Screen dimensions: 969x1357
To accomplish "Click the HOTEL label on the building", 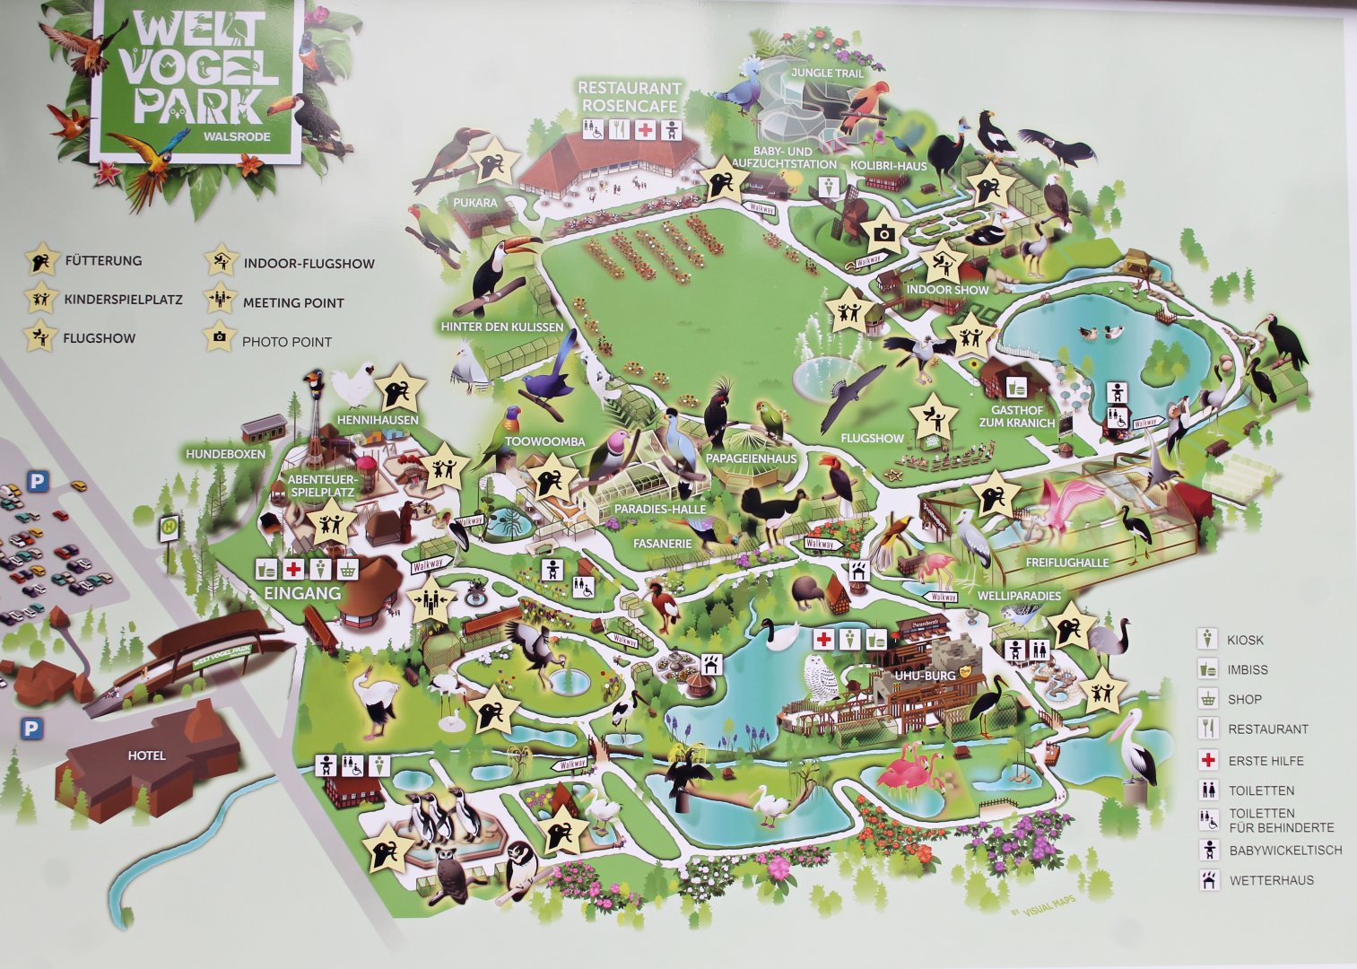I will tap(146, 755).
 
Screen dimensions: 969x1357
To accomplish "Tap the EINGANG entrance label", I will tap(302, 593).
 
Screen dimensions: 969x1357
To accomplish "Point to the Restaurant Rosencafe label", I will tap(630, 97).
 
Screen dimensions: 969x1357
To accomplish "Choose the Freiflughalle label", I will tap(1067, 563).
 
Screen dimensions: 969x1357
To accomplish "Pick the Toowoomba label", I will tap(544, 441).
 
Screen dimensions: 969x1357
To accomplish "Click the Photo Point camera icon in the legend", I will tap(218, 340).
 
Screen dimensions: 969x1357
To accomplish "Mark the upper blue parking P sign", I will tap(36, 482).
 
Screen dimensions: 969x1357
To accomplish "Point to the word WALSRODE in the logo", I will tap(238, 136).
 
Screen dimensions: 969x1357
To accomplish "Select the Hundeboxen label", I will tap(226, 454).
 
